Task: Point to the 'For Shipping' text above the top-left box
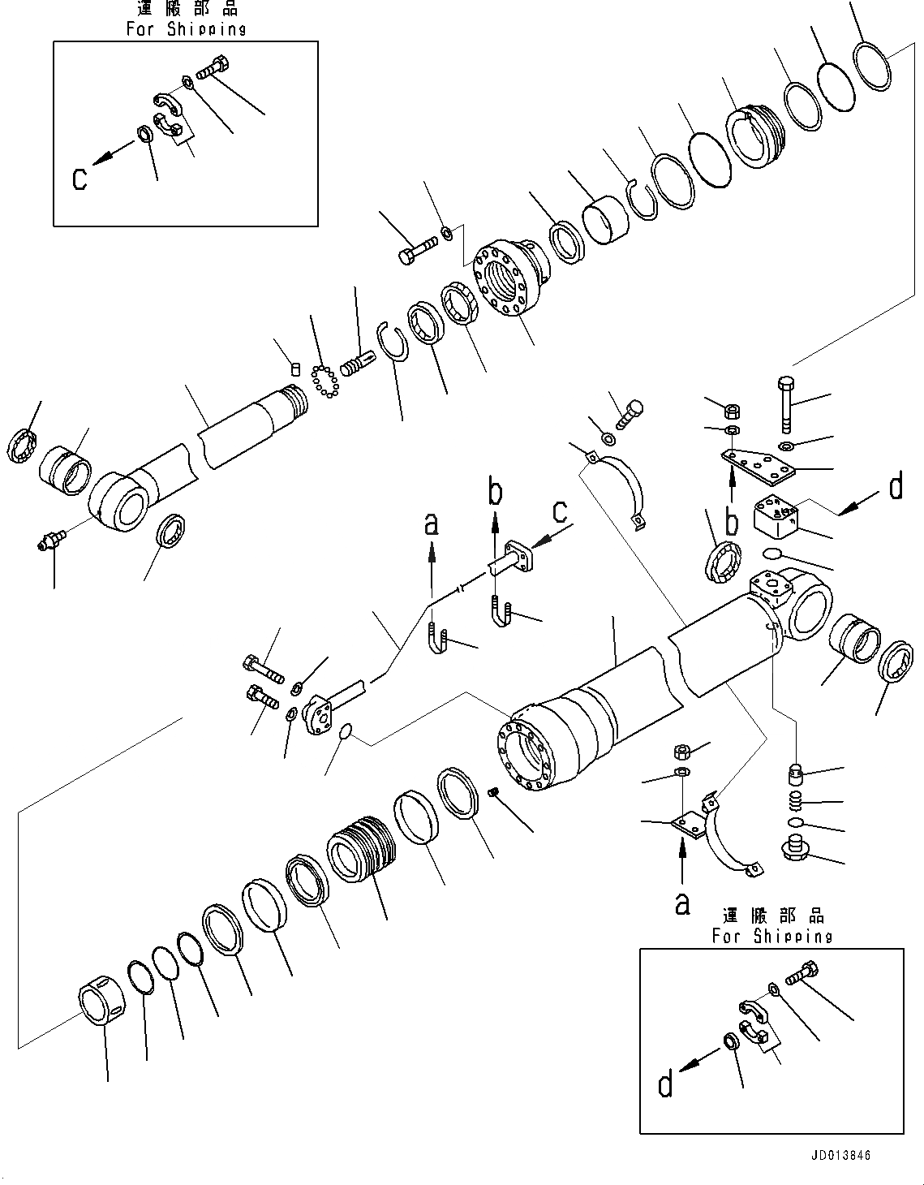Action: (x=186, y=29)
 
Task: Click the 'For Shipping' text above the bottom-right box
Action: (x=771, y=936)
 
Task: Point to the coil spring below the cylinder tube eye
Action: (x=795, y=800)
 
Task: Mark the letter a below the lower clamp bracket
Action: (x=683, y=903)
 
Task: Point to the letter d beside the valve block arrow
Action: (x=896, y=487)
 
